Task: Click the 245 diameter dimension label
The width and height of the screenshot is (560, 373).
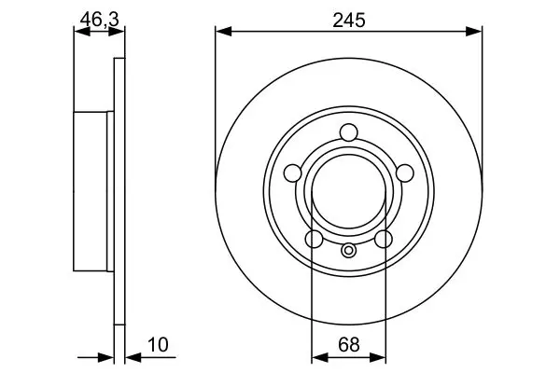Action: (x=348, y=20)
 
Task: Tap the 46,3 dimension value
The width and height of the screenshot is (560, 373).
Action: (x=99, y=19)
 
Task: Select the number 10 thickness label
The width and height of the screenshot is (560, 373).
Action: (x=158, y=345)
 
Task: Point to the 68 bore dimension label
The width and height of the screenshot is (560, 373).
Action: (x=348, y=345)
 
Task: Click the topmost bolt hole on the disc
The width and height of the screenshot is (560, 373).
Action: (x=348, y=132)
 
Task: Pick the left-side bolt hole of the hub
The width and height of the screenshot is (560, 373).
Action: (x=292, y=173)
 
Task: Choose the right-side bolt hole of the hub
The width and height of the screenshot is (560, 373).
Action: (x=405, y=173)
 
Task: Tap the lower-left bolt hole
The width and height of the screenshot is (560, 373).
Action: (x=315, y=239)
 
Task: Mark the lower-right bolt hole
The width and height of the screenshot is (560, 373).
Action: (x=384, y=239)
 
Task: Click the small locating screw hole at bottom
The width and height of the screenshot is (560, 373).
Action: (x=348, y=250)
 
